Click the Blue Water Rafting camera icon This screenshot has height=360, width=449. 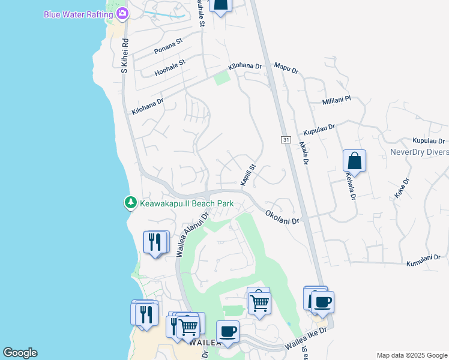tap(122, 13)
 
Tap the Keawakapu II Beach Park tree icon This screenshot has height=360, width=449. tap(130, 203)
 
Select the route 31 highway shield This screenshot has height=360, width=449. tap(286, 140)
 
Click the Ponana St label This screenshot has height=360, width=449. tap(168, 47)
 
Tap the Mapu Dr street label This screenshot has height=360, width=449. tap(286, 68)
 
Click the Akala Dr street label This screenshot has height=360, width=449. tap(305, 153)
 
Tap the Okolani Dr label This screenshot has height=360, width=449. tap(282, 217)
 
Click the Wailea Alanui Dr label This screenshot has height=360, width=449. tap(191, 233)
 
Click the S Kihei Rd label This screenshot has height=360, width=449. tap(125, 56)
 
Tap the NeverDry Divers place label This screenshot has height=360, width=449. tap(418, 152)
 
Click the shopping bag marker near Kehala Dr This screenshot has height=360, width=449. tap(354, 161)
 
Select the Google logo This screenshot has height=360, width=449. tap(20, 353)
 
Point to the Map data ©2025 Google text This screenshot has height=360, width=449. tap(411, 355)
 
